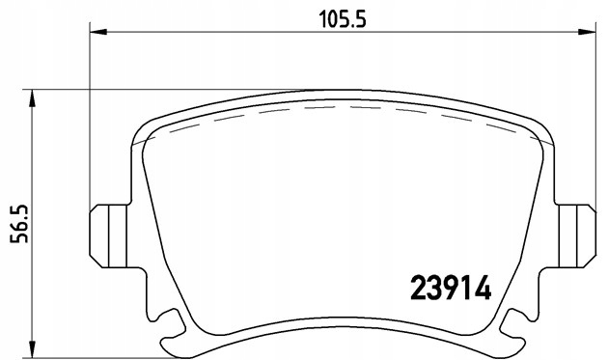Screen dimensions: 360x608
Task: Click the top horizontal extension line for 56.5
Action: point(145,91)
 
